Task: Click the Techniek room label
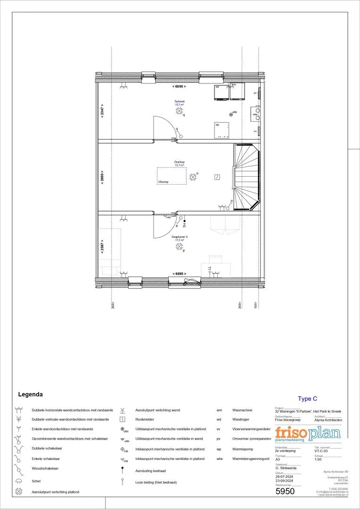(179, 102)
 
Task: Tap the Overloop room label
(179, 163)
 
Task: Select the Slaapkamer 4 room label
(179, 238)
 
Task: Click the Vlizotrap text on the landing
(163, 182)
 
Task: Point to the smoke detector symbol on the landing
(216, 177)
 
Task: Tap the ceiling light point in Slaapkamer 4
(179, 246)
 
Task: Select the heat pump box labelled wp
(222, 131)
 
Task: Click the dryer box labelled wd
(221, 92)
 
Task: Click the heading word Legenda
(30, 394)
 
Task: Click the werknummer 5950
(285, 492)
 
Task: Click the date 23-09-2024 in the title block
(285, 481)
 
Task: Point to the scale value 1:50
(318, 459)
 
